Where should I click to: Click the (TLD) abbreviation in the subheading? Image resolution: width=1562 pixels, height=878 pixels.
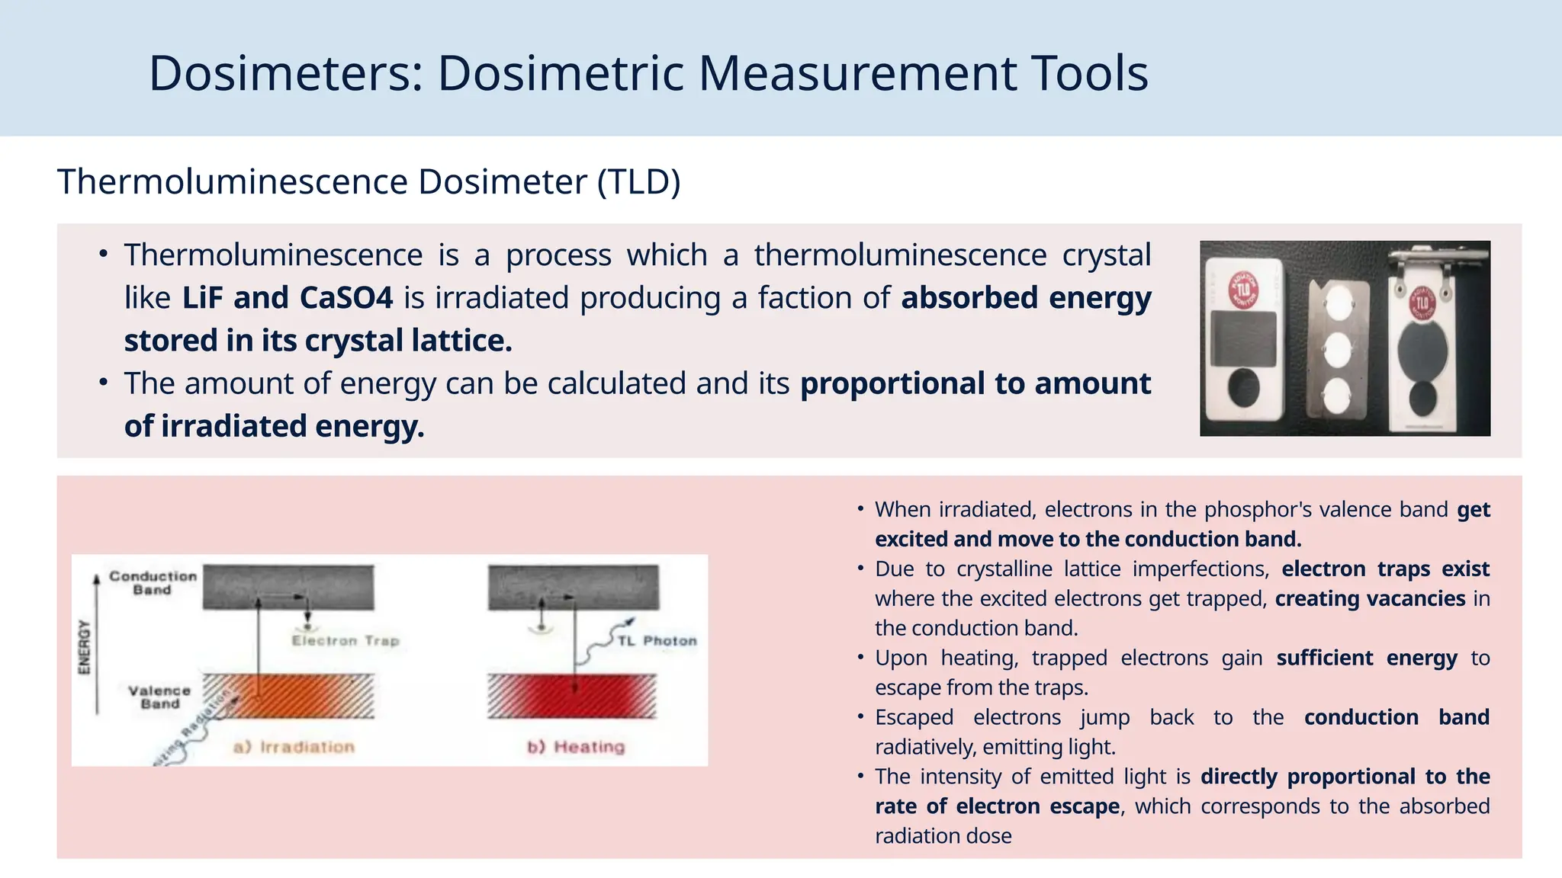click(x=638, y=182)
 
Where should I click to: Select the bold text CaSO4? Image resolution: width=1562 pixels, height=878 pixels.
click(x=346, y=298)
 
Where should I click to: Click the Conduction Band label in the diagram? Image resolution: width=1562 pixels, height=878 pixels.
click(x=153, y=583)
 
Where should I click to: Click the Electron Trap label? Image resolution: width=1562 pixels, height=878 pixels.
click(x=346, y=641)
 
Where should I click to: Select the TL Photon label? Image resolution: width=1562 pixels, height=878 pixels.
click(x=657, y=641)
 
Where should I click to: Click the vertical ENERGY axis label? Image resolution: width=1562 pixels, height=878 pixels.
click(x=85, y=647)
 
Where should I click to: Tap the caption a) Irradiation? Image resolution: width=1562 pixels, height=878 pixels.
click(x=294, y=747)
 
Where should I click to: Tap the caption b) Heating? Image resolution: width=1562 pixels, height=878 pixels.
click(x=576, y=747)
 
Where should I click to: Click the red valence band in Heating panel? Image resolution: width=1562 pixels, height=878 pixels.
click(x=572, y=696)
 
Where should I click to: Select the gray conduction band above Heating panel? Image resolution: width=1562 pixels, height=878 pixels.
click(x=573, y=587)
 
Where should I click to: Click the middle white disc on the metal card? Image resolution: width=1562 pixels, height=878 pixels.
click(x=1337, y=351)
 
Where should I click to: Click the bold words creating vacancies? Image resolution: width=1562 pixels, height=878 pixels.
click(x=1370, y=599)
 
